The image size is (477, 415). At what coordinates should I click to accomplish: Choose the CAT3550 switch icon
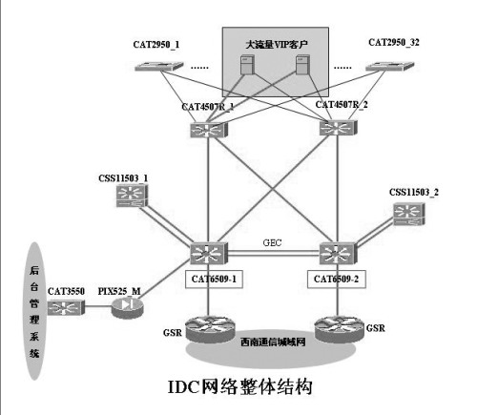click(x=66, y=307)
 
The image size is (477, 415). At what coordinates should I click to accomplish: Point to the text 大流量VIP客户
click(x=275, y=42)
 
